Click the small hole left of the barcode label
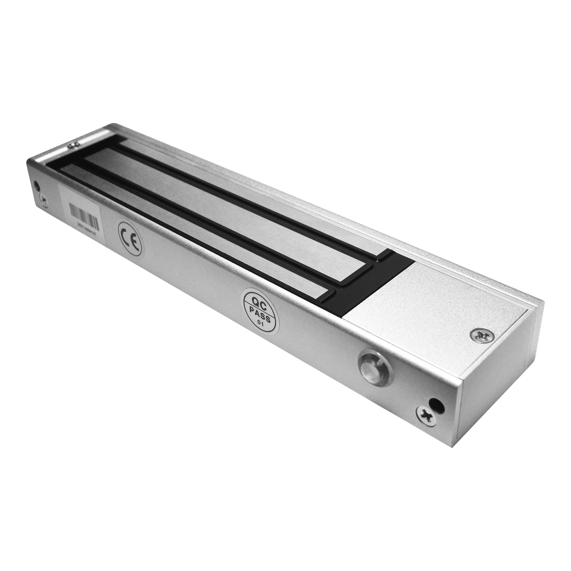point(38,185)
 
